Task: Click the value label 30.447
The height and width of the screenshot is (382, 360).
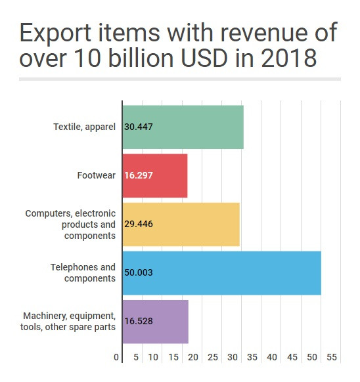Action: [139, 127]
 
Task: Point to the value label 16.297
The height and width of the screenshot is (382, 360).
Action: [139, 176]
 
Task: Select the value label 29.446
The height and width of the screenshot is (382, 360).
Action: [139, 224]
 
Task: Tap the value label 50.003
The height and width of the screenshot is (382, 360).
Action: [139, 273]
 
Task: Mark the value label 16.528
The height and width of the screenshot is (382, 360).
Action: [139, 322]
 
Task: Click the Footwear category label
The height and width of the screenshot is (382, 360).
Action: [96, 176]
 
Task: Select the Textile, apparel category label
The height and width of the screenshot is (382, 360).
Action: [84, 127]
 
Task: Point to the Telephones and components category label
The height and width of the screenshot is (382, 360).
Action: [83, 273]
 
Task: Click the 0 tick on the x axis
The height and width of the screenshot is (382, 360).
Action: [116, 358]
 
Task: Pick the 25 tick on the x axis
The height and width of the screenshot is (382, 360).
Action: [213, 358]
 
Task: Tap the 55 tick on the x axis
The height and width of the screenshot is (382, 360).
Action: [331, 358]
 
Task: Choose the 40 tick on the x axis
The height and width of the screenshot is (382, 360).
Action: [272, 358]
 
